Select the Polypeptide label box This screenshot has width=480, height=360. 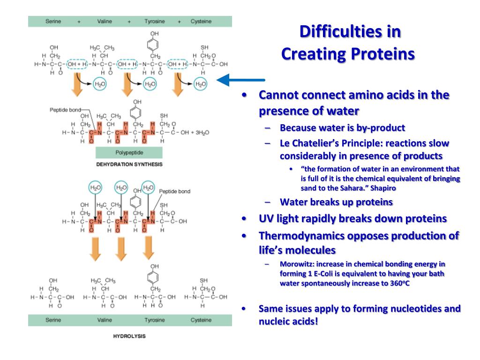tap(129, 153)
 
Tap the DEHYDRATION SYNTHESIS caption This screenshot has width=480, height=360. tap(129, 165)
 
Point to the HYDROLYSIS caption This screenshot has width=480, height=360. tap(129, 336)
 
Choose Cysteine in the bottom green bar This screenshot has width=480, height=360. tap(201, 320)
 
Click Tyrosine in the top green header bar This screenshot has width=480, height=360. tap(155, 22)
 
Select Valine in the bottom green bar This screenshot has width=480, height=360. tap(105, 320)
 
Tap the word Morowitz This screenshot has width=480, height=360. tap(297, 264)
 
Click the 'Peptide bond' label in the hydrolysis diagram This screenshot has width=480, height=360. tap(174, 191)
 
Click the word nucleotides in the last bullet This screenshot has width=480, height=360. tap(391, 308)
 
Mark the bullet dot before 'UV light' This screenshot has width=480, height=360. tap(244, 219)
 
